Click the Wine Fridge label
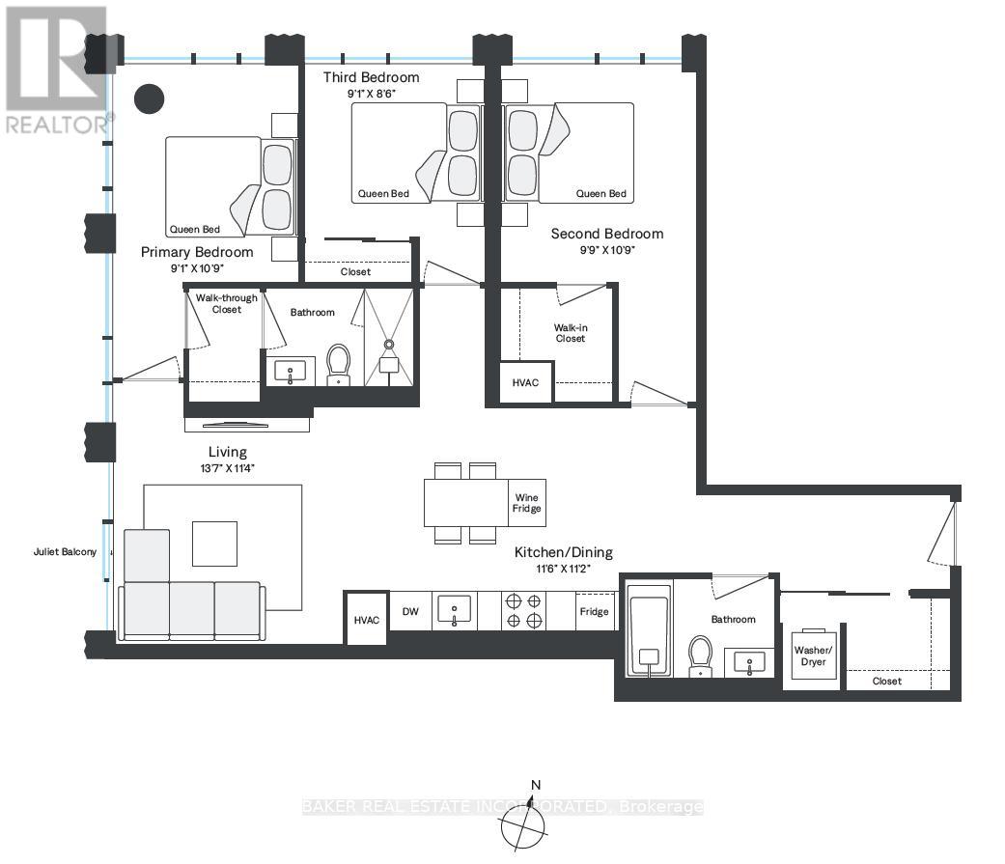pyautogui.click(x=527, y=502)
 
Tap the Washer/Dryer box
pyautogui.click(x=812, y=655)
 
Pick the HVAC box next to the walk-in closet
pyautogui.click(x=526, y=382)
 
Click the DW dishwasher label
pyautogui.click(x=410, y=611)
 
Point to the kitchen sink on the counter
pyautogui.click(x=454, y=611)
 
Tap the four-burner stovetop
pyautogui.click(x=521, y=611)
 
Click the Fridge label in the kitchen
pyautogui.click(x=594, y=611)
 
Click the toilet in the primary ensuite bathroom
pyautogui.click(x=339, y=365)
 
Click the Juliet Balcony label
pyautogui.click(x=64, y=552)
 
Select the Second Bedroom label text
pyautogui.click(x=607, y=234)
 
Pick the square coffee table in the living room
pyautogui.click(x=214, y=543)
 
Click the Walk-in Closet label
pyautogui.click(x=571, y=333)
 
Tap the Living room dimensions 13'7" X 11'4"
pyautogui.click(x=227, y=468)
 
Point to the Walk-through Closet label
pyautogui.click(x=227, y=303)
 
